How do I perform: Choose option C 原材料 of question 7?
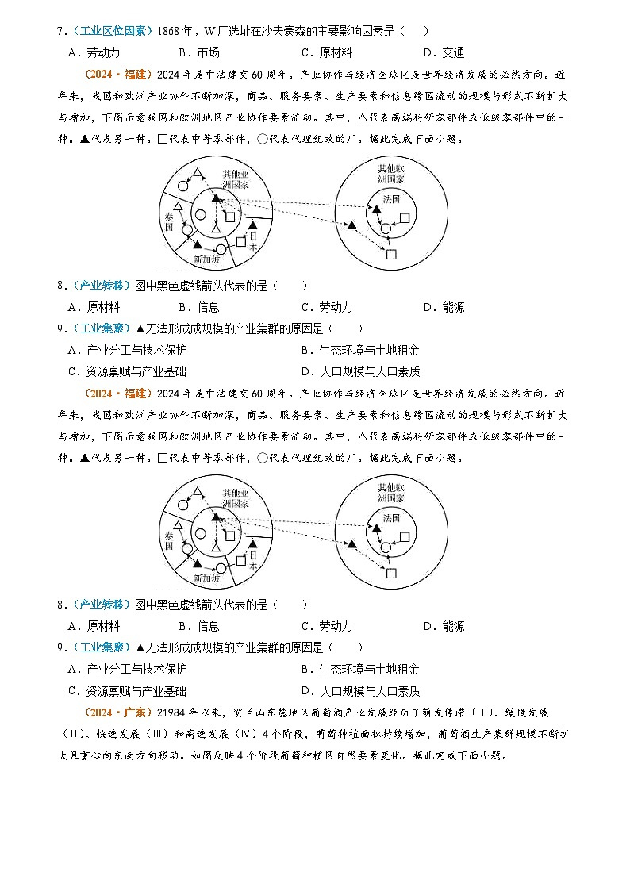327,53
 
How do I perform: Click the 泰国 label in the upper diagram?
169,221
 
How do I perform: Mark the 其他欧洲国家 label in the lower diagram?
391,493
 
